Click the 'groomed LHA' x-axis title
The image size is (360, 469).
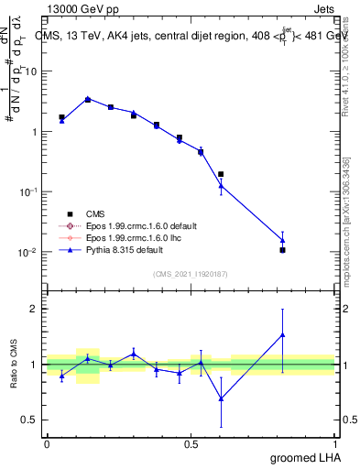point(303,459)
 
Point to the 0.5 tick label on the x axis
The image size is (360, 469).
point(191,443)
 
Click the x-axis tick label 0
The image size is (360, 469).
point(47,443)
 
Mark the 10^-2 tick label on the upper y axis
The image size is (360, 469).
point(28,252)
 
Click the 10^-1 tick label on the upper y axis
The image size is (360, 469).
point(28,191)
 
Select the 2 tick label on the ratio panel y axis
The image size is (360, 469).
point(33,309)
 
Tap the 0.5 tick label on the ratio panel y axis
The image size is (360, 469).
point(28,420)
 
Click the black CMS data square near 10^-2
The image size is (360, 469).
point(283,250)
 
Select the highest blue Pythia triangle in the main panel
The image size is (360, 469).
point(88,99)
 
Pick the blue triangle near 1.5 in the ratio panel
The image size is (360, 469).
point(283,334)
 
